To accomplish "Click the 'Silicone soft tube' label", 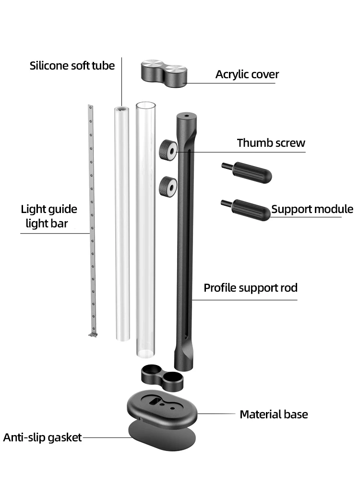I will click(x=72, y=66).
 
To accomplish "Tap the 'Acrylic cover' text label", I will click(x=247, y=74).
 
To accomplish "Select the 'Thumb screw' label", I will click(x=271, y=143).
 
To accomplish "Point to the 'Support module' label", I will click(x=312, y=209).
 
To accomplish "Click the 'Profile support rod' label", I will click(x=251, y=288).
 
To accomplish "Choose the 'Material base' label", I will click(x=274, y=414).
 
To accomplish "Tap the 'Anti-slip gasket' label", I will click(x=42, y=438).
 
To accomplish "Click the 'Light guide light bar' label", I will click(x=48, y=216).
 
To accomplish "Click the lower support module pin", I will click(x=248, y=209).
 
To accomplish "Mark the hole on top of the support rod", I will click(x=187, y=116).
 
